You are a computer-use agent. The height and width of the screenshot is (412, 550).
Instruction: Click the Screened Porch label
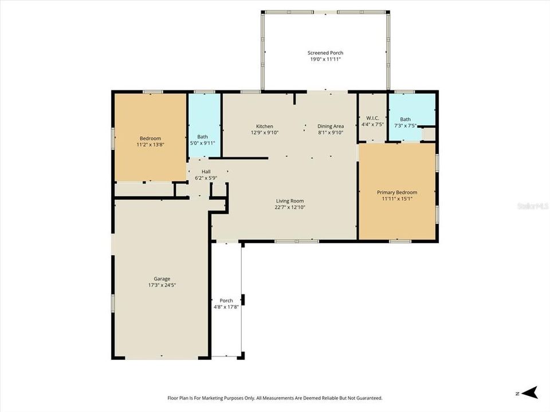click(326, 53)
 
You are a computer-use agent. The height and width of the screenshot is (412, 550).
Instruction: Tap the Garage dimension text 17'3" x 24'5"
click(162, 285)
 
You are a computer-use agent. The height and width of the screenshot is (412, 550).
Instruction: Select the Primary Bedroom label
click(396, 192)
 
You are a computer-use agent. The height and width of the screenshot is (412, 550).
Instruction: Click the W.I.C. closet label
click(372, 118)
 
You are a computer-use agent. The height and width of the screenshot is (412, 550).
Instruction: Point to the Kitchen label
click(264, 126)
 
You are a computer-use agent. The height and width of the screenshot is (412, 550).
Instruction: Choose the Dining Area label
click(331, 126)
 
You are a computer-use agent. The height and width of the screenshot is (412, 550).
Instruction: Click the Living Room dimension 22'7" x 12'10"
click(289, 207)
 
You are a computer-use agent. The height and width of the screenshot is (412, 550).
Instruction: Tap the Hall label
click(206, 171)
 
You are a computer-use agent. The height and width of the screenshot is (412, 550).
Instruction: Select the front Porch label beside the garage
click(226, 300)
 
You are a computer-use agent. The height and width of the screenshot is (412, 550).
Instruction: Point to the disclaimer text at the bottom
click(274, 398)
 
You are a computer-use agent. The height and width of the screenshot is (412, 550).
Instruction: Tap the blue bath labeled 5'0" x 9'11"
click(203, 140)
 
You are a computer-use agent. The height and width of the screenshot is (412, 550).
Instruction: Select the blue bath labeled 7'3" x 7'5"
click(406, 122)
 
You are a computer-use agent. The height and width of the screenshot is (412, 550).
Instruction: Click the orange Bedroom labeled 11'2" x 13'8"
click(150, 141)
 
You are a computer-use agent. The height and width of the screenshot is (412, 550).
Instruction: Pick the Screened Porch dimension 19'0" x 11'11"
click(326, 59)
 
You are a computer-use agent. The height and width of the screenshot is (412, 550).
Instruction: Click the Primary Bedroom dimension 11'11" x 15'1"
click(396, 199)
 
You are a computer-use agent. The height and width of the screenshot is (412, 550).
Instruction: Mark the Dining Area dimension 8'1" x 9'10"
click(331, 133)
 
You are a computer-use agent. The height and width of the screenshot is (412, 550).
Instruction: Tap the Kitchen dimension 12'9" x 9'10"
click(264, 133)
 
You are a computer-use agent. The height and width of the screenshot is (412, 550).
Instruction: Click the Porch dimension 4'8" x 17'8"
click(226, 307)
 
